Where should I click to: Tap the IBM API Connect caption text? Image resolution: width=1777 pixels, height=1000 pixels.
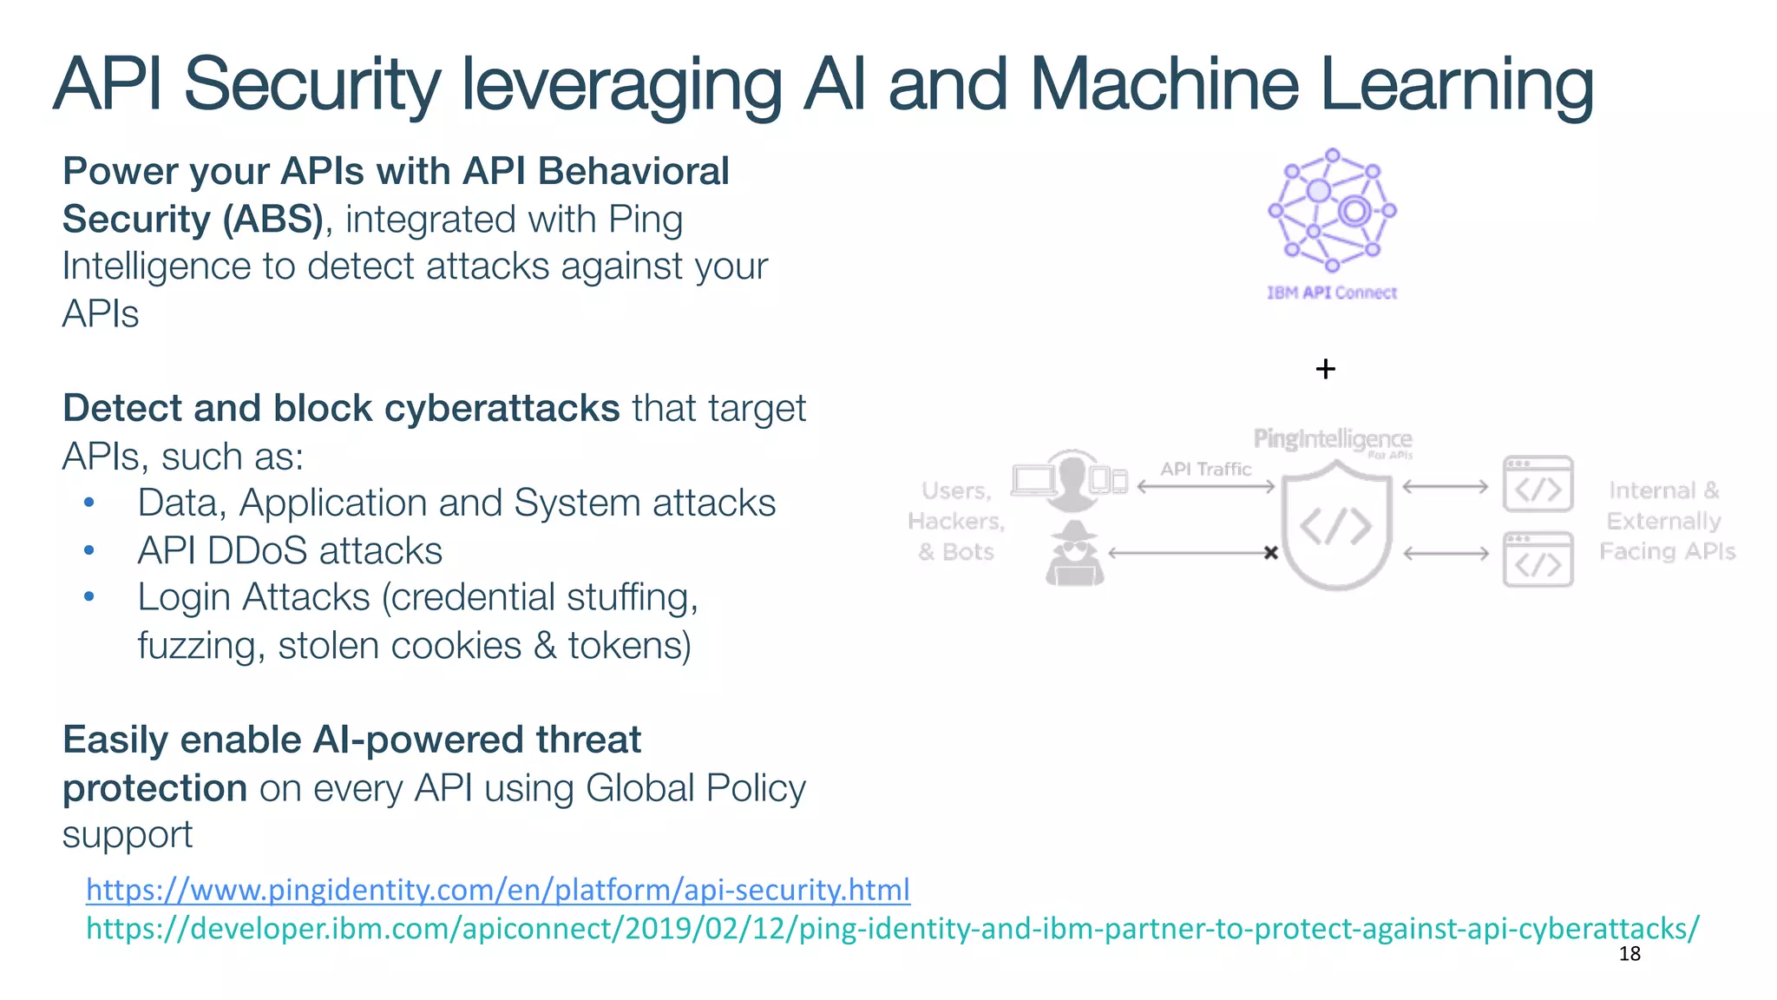[1332, 293]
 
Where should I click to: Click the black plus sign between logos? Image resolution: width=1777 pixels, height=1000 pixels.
[1325, 369]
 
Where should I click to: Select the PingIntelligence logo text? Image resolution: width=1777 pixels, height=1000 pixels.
[1332, 439]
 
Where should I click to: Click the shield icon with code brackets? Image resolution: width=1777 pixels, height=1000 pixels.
[1336, 526]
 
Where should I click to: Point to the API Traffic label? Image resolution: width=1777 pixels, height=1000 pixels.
[1205, 469]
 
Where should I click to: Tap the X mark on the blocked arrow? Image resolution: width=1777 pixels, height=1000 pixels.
[1270, 552]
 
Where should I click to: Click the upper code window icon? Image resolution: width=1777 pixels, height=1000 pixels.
[1538, 484]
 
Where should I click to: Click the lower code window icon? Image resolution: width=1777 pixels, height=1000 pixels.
[1538, 560]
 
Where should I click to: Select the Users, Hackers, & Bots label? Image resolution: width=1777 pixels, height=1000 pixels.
[956, 521]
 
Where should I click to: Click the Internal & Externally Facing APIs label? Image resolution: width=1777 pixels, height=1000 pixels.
[1666, 521]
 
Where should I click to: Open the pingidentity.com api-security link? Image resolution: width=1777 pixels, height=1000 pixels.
[497, 890]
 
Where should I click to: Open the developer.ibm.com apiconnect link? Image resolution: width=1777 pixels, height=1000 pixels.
[892, 929]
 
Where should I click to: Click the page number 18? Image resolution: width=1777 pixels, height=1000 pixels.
[1629, 954]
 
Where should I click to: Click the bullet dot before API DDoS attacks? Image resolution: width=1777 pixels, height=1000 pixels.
[89, 550]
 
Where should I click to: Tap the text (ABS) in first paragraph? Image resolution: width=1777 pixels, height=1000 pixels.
[272, 219]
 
